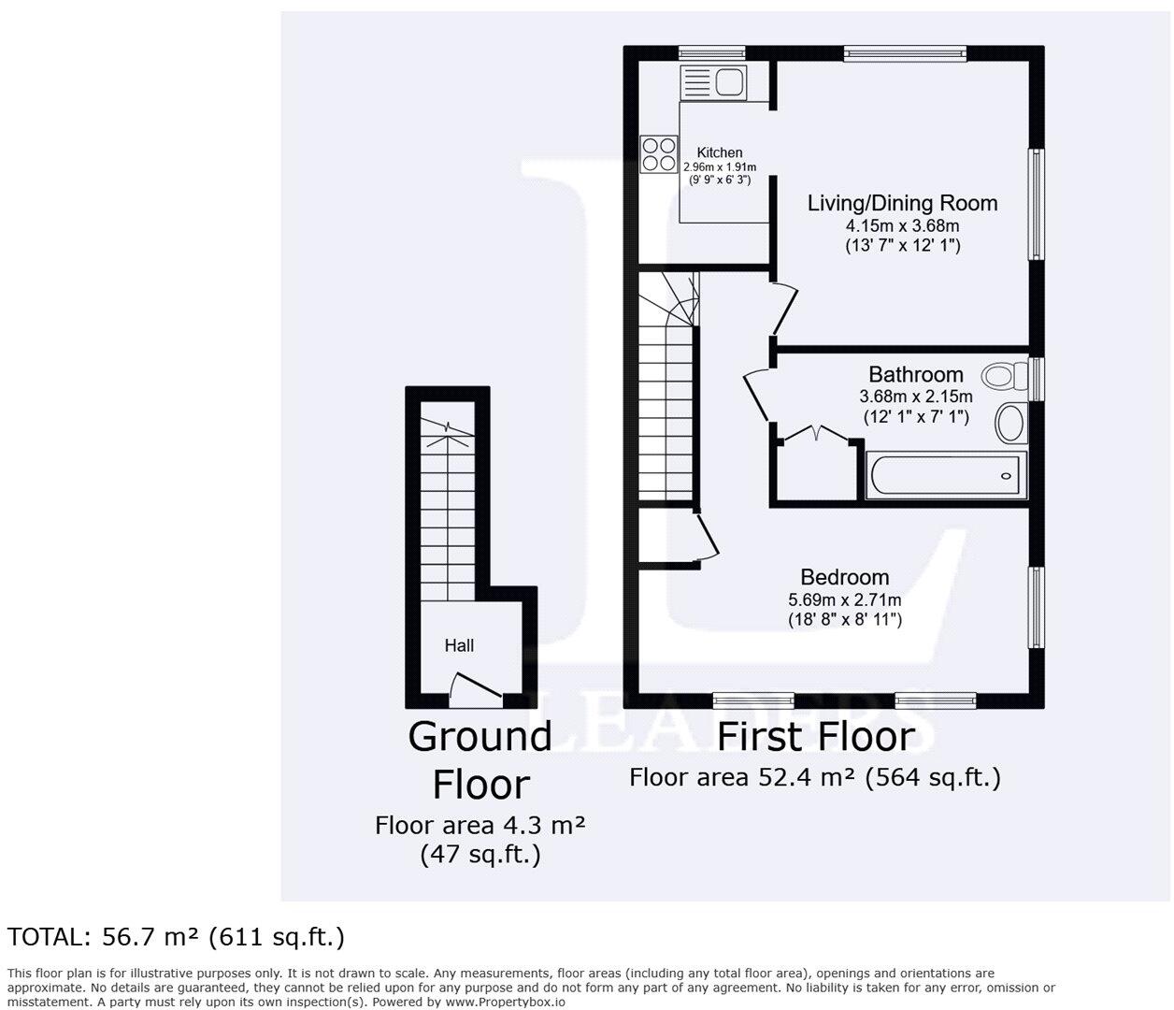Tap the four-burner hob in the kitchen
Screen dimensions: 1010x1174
pos(659,154)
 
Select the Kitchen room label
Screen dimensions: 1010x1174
pos(720,152)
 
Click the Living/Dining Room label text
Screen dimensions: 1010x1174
pos(902,203)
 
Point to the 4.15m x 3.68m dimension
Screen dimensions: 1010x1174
pos(902,225)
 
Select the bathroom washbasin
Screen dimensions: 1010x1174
pos(1010,423)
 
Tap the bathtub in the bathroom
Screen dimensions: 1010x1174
pos(948,476)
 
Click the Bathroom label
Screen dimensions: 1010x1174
pos(915,374)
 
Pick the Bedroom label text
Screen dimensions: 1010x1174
pos(844,577)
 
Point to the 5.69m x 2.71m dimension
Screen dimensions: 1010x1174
pos(844,599)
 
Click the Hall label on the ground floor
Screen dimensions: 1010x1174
pos(459,645)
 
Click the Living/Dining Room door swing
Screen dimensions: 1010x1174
pos(785,308)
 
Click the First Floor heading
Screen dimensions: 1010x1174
pos(815,737)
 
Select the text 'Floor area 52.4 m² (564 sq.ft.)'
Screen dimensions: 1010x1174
pos(815,778)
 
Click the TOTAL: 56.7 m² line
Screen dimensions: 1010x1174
pos(177,937)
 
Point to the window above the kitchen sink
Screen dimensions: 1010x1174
pos(711,53)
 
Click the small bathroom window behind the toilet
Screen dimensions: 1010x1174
pos(1036,378)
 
